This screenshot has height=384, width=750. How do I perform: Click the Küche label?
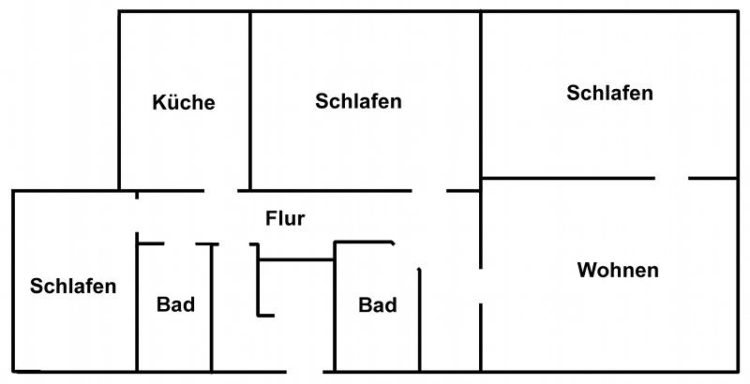point(184,102)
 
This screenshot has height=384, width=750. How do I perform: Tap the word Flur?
point(285,219)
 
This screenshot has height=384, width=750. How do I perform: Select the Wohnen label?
point(618,271)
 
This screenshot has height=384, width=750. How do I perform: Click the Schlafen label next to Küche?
point(358,101)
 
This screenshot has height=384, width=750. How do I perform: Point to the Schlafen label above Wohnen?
point(609,93)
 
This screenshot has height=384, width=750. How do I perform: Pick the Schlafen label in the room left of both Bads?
point(73,286)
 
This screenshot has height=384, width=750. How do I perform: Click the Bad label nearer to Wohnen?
point(378,305)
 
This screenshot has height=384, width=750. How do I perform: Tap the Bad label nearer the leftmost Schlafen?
point(175,304)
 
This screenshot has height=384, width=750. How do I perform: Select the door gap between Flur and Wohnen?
point(480,288)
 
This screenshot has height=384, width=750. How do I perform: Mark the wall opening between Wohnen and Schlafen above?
point(670,177)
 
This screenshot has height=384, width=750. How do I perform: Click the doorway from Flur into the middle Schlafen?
point(428,190)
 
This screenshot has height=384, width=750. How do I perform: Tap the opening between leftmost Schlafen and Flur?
point(138,215)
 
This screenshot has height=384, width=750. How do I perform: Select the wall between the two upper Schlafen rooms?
point(480,94)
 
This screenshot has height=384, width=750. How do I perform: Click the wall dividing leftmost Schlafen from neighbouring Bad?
point(138,309)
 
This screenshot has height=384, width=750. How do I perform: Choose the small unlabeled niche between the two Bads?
point(295,286)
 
